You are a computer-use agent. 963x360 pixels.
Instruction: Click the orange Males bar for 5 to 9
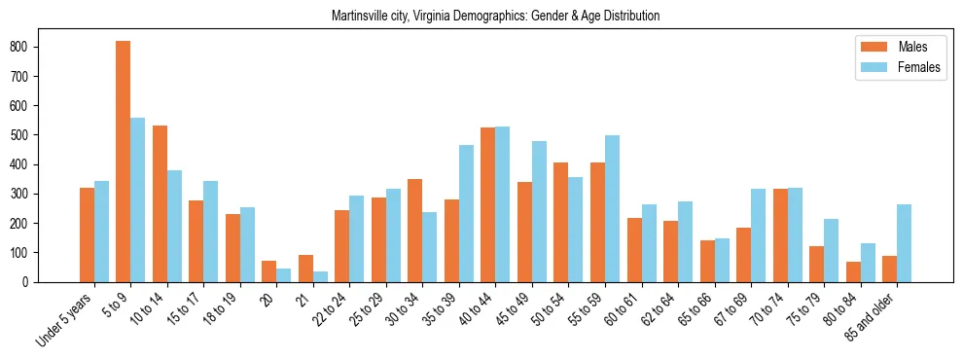pyautogui.click(x=124, y=162)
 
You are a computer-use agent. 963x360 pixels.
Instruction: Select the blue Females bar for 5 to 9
pyautogui.click(x=138, y=199)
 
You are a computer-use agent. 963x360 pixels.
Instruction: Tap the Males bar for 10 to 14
pyautogui.click(x=160, y=203)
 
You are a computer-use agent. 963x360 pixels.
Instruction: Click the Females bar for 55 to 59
pyautogui.click(x=612, y=208)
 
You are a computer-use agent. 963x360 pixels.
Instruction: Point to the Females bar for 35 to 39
pyautogui.click(x=466, y=213)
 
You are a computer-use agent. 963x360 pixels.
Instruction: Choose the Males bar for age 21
pyautogui.click(x=305, y=269)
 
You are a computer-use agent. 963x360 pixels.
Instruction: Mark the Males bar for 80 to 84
pyautogui.click(x=853, y=271)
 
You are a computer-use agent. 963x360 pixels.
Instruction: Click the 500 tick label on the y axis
pyautogui.click(x=26, y=135)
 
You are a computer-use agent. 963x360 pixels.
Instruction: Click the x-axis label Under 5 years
pyautogui.click(x=65, y=319)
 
